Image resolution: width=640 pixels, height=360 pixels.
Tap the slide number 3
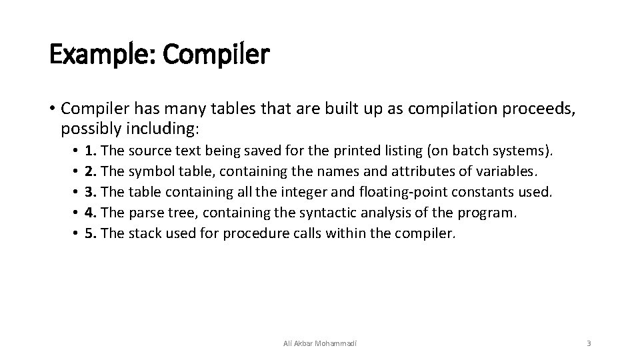pos(589,343)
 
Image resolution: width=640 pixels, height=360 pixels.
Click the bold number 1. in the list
pos(92,151)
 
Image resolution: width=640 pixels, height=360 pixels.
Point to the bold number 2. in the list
pos(92,171)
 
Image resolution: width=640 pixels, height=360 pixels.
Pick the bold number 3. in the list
pos(92,193)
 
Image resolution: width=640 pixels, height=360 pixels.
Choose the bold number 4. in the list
pos(92,213)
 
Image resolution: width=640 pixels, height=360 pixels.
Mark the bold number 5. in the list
pos(92,234)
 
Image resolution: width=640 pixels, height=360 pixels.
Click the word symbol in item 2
pos(149,172)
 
